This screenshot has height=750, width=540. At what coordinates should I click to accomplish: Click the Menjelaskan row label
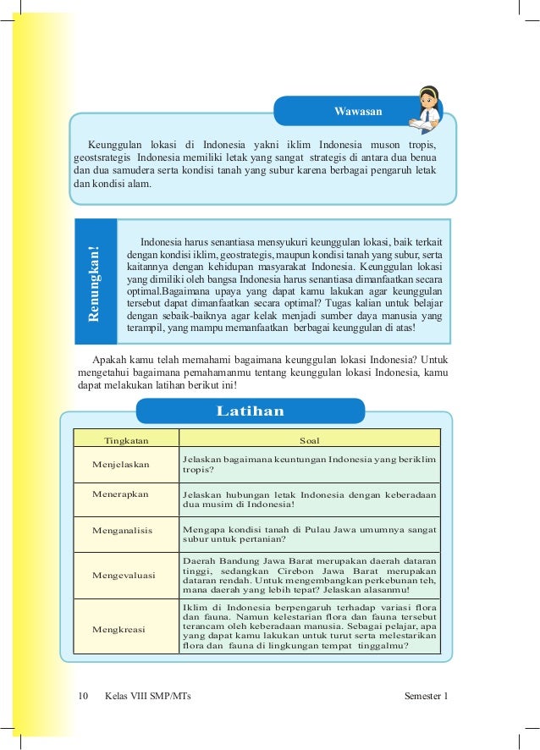[125, 465]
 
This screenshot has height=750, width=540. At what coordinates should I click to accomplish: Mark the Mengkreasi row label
[122, 629]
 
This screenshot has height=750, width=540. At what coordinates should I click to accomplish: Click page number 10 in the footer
[82, 696]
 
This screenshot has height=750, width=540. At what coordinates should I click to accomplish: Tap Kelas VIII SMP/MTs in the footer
[148, 696]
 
